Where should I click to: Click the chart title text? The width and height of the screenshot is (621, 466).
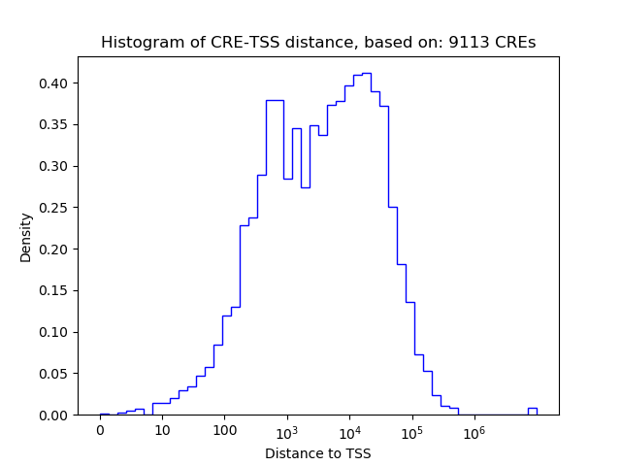tap(318, 43)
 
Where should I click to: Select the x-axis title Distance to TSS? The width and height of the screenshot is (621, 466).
tap(318, 453)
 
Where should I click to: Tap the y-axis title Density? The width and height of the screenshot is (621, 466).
tap(26, 237)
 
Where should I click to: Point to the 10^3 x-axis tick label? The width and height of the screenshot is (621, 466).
tap(287, 431)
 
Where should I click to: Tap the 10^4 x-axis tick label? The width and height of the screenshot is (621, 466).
tap(349, 431)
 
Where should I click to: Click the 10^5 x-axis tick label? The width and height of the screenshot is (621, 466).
tap(411, 431)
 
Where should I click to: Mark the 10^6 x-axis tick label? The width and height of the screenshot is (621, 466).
tap(474, 431)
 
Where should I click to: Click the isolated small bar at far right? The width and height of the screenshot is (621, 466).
tap(532, 411)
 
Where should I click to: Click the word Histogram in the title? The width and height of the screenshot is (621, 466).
tap(136, 43)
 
